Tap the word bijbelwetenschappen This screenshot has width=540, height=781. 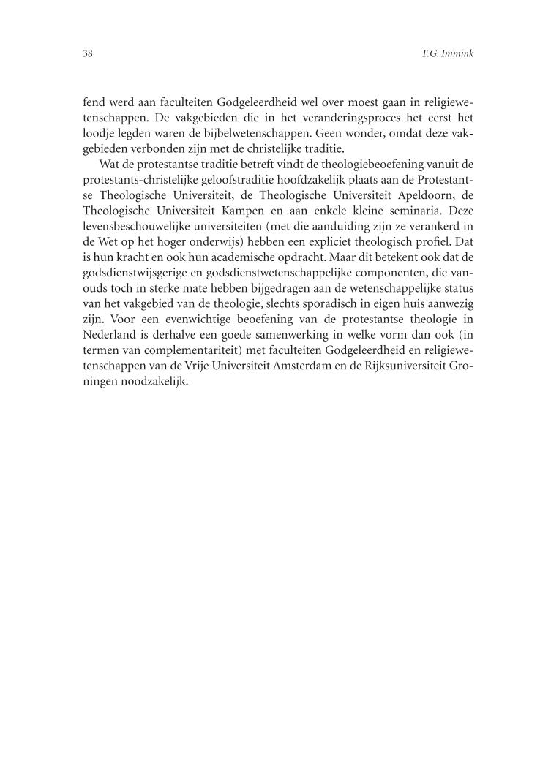click(x=261, y=132)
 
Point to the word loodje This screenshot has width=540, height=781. click(x=100, y=132)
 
